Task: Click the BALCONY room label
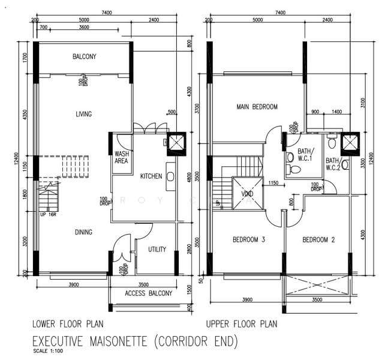(x=85, y=57)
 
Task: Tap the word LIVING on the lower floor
(x=84, y=114)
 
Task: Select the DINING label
(x=83, y=232)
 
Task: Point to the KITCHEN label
(x=151, y=176)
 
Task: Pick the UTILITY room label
(x=157, y=249)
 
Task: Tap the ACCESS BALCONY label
(x=148, y=293)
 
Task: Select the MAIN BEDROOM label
(x=257, y=107)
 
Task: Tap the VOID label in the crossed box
(x=247, y=194)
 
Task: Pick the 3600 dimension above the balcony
(x=84, y=28)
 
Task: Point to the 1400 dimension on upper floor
(x=336, y=112)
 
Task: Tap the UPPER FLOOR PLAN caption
(x=242, y=325)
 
